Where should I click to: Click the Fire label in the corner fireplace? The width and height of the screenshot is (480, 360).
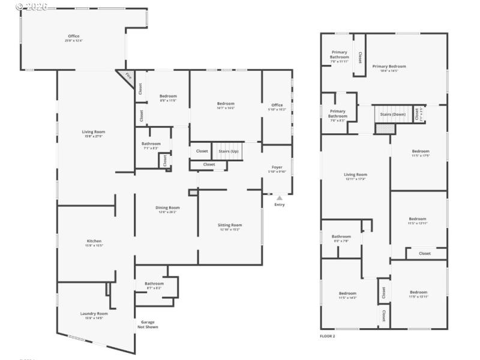coord(128,76)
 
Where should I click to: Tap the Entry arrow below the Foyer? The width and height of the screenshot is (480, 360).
coord(279,198)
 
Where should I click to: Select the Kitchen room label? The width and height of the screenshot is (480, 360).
coord(95,241)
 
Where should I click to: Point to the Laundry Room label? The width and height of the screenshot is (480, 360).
coord(94,313)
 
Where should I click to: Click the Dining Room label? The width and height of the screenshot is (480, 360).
coord(169,208)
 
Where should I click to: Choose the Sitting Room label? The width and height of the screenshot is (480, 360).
coord(229,225)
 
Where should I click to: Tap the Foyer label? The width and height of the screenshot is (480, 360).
coord(277,167)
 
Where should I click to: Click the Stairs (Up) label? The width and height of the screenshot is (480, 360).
coord(229,151)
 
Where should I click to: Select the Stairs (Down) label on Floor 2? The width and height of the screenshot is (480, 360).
coord(390,113)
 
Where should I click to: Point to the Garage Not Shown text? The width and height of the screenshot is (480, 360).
coord(148,325)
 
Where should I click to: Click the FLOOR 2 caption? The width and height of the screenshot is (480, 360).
coord(328,337)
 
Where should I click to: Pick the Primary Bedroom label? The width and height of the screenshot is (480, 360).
coord(389,66)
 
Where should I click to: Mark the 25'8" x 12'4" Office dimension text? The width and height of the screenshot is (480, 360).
coord(73,40)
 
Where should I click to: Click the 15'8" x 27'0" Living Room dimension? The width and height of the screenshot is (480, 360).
coord(94,136)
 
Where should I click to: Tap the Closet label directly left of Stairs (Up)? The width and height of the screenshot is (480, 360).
coord(202,151)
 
